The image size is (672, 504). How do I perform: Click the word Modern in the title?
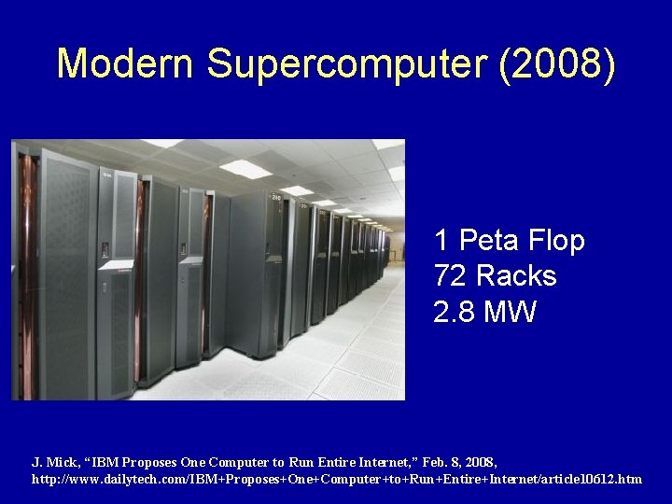pos(125,63)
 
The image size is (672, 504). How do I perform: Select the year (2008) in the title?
pos(558,63)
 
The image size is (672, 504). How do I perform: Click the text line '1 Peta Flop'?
pos(509,241)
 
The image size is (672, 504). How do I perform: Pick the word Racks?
pos(515,276)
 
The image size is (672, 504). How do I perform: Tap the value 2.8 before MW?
pos(454,312)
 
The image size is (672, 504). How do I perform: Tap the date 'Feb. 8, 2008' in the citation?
pos(459,462)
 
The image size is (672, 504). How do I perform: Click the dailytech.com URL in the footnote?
pos(336,479)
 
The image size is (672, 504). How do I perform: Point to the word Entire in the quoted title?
pos(331,462)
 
